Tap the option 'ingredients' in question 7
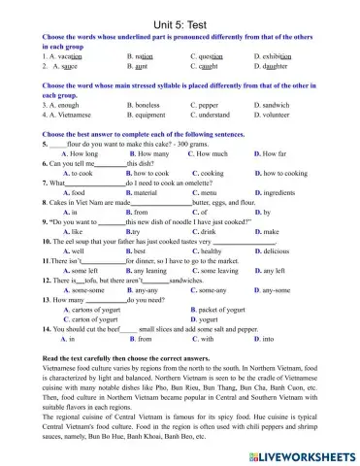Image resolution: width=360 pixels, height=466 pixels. pos(282,192)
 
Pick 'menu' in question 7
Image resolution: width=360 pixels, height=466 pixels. pos(211,192)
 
